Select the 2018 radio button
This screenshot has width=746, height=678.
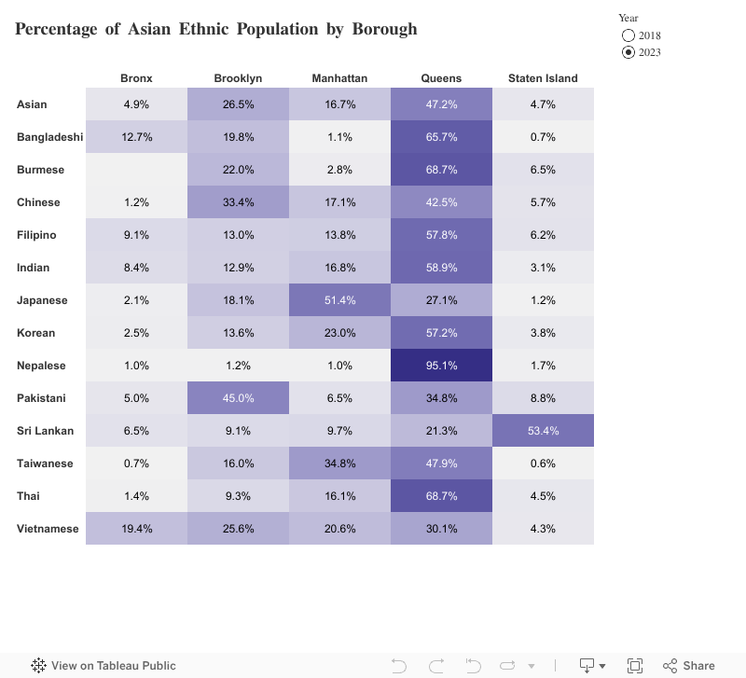[x=629, y=36]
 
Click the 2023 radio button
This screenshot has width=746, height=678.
[x=629, y=52]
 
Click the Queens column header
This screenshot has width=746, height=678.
[x=441, y=78]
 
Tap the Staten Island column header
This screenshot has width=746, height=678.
[x=543, y=78]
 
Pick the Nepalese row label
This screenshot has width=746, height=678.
[x=41, y=366]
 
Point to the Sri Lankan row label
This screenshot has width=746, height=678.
[x=44, y=431]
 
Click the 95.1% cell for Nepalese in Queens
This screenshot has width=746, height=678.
[x=441, y=366]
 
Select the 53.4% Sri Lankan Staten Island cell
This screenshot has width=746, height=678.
[x=543, y=431]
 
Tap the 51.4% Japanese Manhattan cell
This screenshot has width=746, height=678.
[x=339, y=300]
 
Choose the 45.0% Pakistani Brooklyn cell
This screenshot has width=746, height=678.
[x=238, y=398]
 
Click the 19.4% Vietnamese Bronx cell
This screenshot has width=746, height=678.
[x=136, y=529]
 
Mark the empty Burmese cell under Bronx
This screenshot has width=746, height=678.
[x=136, y=170]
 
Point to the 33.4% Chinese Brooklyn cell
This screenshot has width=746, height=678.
[x=238, y=202]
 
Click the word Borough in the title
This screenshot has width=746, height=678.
[x=384, y=29]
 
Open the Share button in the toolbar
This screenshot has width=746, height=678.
[x=689, y=665]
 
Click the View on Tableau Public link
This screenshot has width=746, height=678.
[x=104, y=665]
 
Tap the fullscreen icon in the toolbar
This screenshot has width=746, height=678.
[x=635, y=665]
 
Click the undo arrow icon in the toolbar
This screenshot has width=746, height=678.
[x=399, y=665]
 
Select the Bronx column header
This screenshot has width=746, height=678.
[x=136, y=78]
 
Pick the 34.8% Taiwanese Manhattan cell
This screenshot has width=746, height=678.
[x=339, y=464]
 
